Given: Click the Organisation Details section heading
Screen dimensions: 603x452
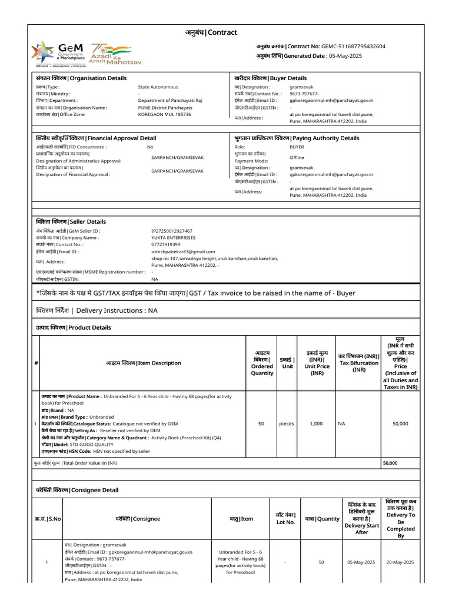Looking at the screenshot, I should [x=81, y=78].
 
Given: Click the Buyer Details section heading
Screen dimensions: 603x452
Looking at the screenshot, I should [x=270, y=78].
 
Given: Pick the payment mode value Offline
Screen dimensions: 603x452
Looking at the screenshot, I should [x=297, y=158].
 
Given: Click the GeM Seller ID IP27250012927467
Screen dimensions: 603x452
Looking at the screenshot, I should [x=172, y=231].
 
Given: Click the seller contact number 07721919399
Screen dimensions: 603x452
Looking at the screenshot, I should [x=166, y=244].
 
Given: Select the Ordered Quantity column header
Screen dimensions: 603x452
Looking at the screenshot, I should [x=262, y=362].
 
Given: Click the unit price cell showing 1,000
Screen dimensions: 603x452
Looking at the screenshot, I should [x=317, y=423].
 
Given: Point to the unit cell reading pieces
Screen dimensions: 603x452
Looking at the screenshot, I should [x=287, y=423].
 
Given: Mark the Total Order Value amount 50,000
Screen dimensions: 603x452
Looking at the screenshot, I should [x=390, y=463].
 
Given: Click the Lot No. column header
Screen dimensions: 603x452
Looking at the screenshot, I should [x=285, y=518].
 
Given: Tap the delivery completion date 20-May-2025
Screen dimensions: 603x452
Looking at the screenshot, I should [x=400, y=562].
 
